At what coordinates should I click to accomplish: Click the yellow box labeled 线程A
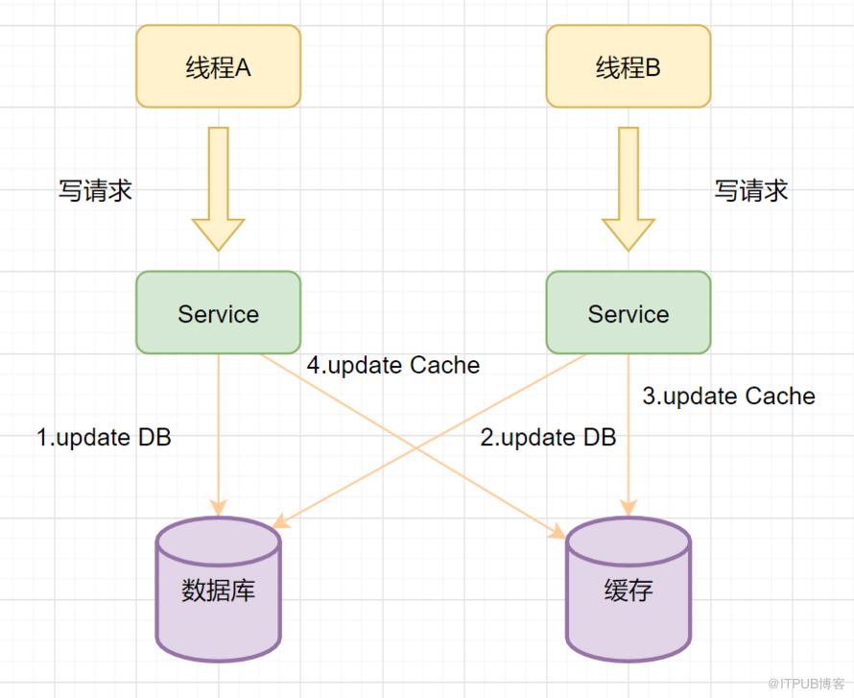click(219, 66)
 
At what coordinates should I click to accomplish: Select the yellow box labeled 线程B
click(629, 66)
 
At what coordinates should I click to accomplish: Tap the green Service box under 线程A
click(219, 312)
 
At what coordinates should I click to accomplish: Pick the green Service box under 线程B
click(629, 312)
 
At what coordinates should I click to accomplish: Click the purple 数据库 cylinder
click(219, 590)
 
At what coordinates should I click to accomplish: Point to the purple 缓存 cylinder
click(629, 590)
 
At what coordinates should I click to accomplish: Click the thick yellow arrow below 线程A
click(219, 189)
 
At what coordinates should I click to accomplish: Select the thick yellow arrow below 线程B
click(629, 189)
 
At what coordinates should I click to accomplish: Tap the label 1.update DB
click(104, 438)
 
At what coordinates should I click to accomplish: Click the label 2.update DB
click(548, 438)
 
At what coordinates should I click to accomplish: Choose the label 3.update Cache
click(728, 397)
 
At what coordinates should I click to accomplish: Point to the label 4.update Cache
click(393, 365)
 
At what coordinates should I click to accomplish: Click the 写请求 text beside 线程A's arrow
click(95, 191)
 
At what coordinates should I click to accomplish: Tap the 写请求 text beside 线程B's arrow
click(751, 191)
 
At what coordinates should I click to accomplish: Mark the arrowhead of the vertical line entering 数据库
click(219, 508)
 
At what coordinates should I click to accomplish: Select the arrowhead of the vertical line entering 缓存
click(629, 508)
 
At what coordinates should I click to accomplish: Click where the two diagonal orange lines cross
click(418, 448)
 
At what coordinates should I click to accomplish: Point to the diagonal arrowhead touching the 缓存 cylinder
click(558, 532)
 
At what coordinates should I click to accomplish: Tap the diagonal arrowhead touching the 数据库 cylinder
click(280, 522)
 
